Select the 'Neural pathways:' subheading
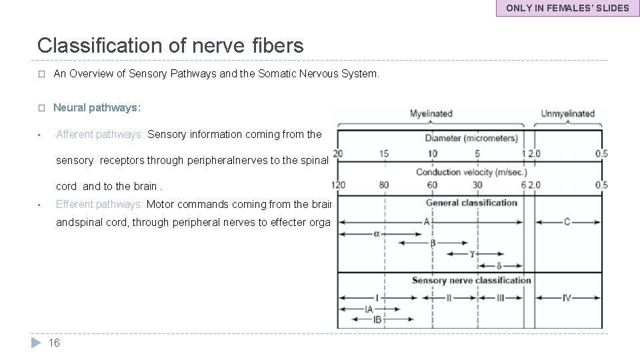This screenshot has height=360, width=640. [x=97, y=107]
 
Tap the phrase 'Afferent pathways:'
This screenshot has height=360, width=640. [x=100, y=134]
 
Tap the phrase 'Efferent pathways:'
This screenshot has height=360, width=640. [x=99, y=205]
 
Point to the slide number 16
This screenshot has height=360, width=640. [x=55, y=343]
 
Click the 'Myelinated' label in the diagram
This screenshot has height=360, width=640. [x=431, y=114]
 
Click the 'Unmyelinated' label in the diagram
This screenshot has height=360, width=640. [x=567, y=114]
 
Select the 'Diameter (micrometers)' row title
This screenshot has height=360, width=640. [x=471, y=139]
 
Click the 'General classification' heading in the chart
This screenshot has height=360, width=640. [x=471, y=203]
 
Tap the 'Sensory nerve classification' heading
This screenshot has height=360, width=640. [x=471, y=280]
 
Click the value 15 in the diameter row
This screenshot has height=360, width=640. [x=384, y=153]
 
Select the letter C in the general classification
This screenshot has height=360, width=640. [x=567, y=222]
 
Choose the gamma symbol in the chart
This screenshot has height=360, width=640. [x=471, y=254]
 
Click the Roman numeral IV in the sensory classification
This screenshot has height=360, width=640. [x=566, y=298]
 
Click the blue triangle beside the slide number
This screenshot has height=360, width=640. [x=37, y=343]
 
